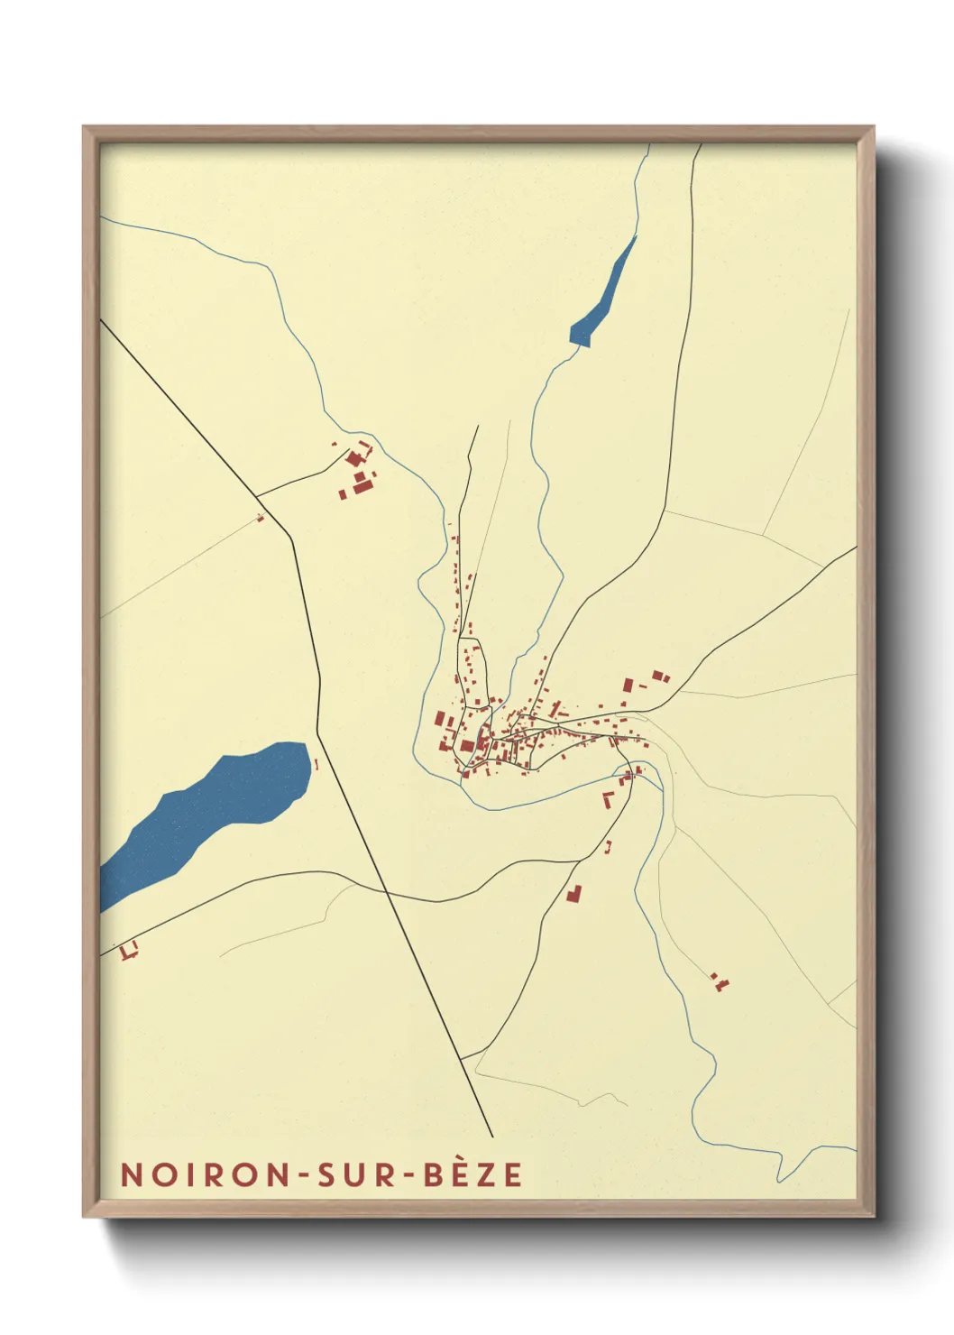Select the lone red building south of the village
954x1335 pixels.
pos(573,893)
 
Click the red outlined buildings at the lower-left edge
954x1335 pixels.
pos(129,949)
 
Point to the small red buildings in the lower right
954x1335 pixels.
pos(719,981)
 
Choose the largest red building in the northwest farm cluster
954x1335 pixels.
pos(363,486)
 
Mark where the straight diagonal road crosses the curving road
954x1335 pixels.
pos(386,891)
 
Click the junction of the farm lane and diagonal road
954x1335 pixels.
pos(258,496)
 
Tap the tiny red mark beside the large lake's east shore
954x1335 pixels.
pos(316,765)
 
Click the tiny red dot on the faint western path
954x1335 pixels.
pos(261,517)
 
